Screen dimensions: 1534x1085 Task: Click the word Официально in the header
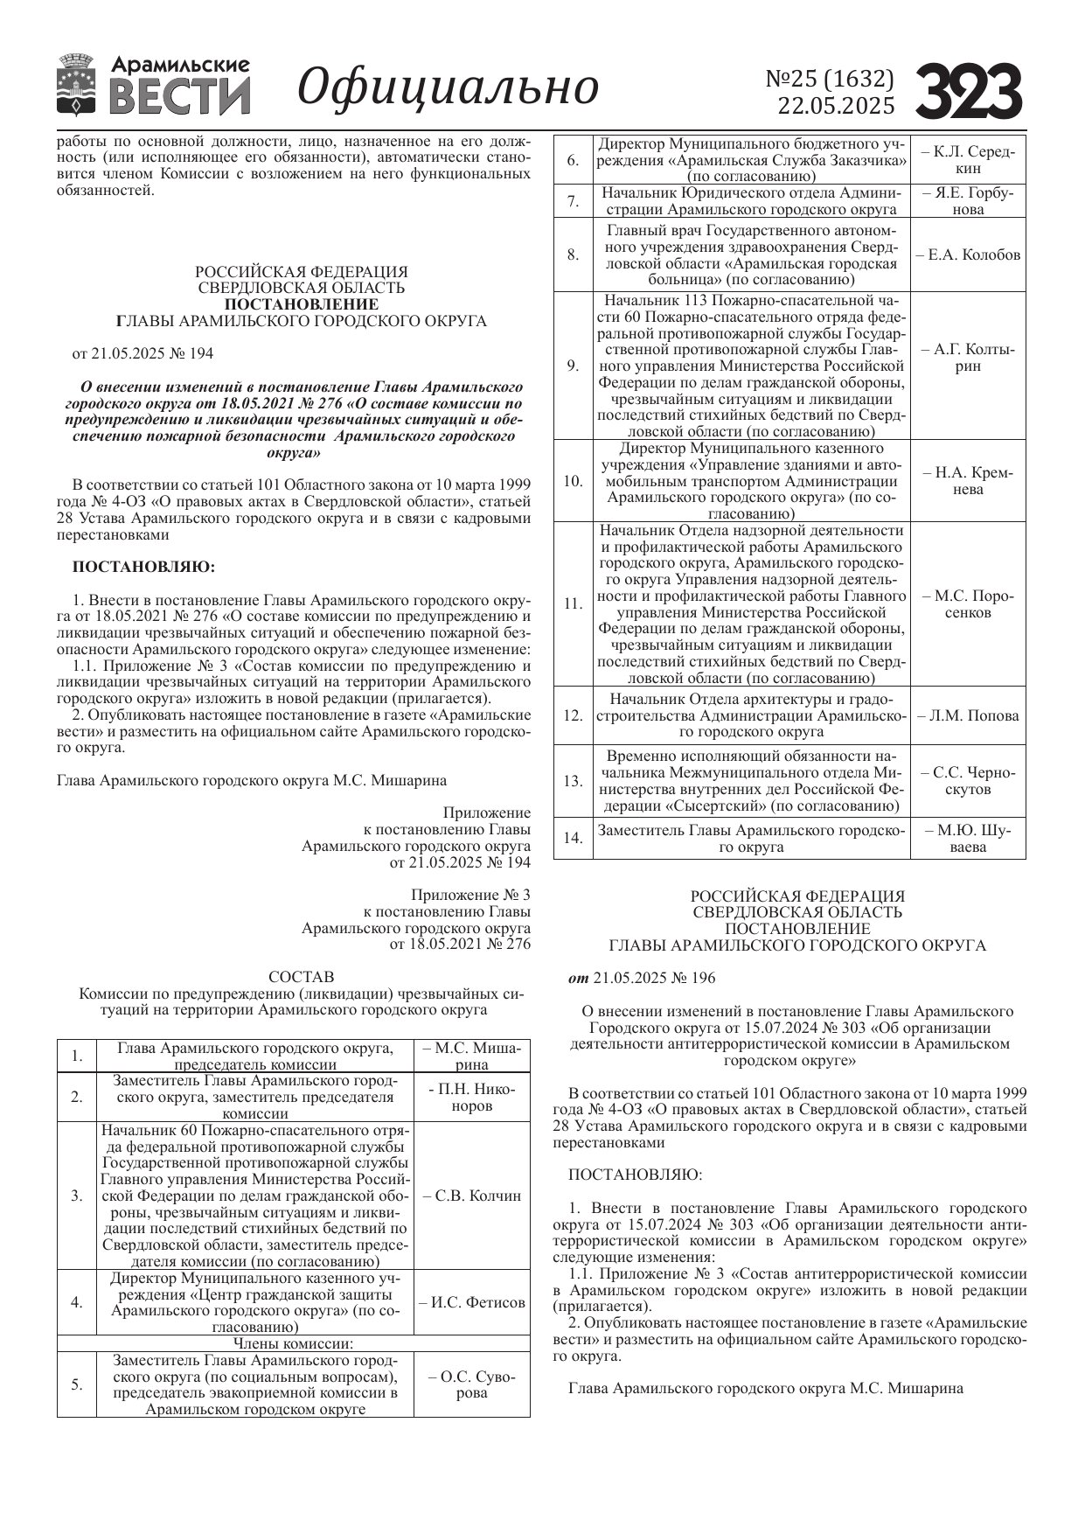(x=448, y=87)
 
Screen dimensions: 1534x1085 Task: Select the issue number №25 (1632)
(x=830, y=79)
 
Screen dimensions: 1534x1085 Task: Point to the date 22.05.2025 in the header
(x=837, y=106)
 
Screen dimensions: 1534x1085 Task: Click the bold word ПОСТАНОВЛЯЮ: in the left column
(x=143, y=567)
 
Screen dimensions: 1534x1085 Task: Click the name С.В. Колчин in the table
(x=471, y=1196)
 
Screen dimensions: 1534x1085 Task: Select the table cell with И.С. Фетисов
(x=472, y=1302)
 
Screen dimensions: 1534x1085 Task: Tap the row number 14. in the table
(x=573, y=838)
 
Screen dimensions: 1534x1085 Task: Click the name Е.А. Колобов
(x=968, y=255)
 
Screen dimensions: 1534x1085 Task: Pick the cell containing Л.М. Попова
(x=968, y=715)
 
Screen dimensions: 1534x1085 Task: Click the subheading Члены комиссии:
(x=293, y=1343)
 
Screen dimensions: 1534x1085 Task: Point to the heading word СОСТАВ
(x=301, y=976)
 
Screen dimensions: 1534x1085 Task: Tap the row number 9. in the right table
(x=573, y=366)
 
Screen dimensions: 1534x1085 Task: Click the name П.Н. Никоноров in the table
(x=472, y=1098)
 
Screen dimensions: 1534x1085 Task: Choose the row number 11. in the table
(x=573, y=604)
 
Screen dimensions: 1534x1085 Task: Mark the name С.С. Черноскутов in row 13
(x=968, y=781)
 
